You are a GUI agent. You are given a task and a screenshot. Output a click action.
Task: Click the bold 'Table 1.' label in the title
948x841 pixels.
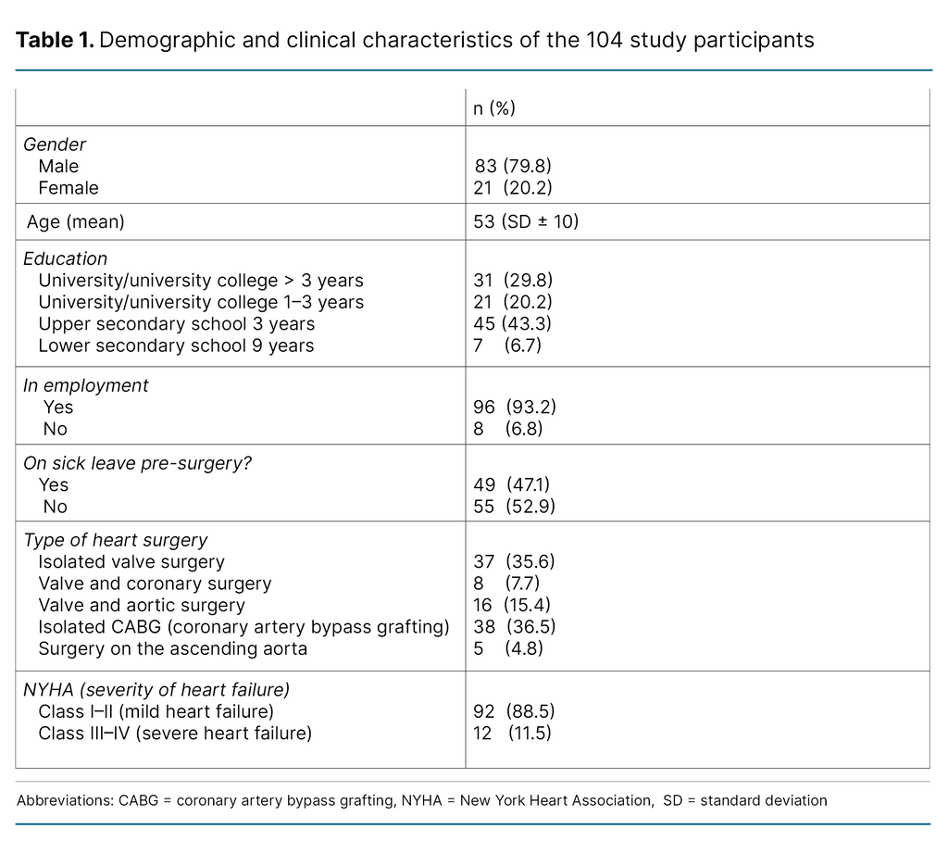(55, 40)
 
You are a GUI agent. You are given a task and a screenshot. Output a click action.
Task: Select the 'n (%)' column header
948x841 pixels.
(494, 108)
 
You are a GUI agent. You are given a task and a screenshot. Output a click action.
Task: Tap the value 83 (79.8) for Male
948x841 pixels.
(513, 167)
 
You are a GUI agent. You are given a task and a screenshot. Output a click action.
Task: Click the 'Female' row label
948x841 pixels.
(69, 188)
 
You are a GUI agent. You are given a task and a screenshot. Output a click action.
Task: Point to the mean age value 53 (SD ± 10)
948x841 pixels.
(526, 222)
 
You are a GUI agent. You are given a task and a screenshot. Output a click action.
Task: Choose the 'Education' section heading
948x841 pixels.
(65, 259)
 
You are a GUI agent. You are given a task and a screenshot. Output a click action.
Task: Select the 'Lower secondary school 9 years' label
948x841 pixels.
(176, 345)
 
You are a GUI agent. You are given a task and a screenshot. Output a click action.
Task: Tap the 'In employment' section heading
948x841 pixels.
(86, 385)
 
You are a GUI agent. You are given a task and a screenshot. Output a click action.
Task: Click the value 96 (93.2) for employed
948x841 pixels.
(515, 408)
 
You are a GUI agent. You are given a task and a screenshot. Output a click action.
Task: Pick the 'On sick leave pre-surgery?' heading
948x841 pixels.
(137, 463)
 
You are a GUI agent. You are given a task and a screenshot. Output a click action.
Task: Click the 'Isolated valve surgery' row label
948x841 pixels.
(131, 562)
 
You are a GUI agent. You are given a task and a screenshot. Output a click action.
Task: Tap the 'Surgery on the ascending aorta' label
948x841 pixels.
(172, 649)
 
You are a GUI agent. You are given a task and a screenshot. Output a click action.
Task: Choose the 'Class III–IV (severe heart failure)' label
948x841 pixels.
(175, 734)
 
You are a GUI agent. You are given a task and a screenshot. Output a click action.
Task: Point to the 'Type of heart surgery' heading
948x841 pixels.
(116, 540)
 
